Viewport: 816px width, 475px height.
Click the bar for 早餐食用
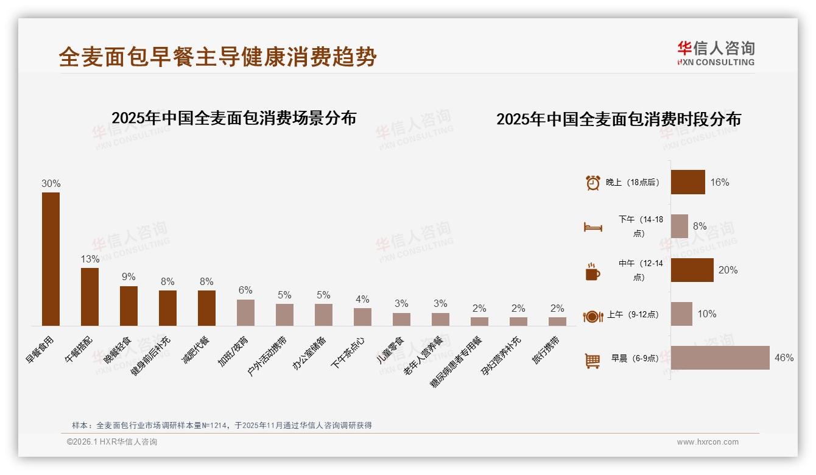tap(51, 259)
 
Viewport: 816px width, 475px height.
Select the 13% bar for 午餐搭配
tap(90, 297)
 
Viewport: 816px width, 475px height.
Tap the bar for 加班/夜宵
tap(245, 312)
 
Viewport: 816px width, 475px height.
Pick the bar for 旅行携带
tap(557, 321)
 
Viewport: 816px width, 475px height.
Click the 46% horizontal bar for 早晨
tap(720, 357)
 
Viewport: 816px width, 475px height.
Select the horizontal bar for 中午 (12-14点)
tap(692, 270)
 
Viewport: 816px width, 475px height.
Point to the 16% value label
tap(719, 182)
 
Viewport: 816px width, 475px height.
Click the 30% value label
tap(51, 183)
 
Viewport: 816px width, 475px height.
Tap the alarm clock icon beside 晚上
tap(593, 183)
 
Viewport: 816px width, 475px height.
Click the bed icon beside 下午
tap(593, 227)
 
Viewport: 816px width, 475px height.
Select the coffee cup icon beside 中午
tap(593, 271)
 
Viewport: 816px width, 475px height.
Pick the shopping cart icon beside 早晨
tap(593, 360)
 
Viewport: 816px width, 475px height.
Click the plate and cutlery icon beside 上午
tap(593, 315)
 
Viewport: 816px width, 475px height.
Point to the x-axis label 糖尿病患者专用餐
tap(457, 362)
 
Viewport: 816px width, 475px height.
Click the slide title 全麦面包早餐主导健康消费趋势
tap(218, 57)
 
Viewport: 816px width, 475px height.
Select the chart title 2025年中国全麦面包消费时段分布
tap(618, 119)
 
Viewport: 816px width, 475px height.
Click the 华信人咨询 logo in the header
tap(716, 53)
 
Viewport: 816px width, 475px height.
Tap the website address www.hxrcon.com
tap(707, 442)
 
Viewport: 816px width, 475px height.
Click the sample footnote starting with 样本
tap(222, 425)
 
